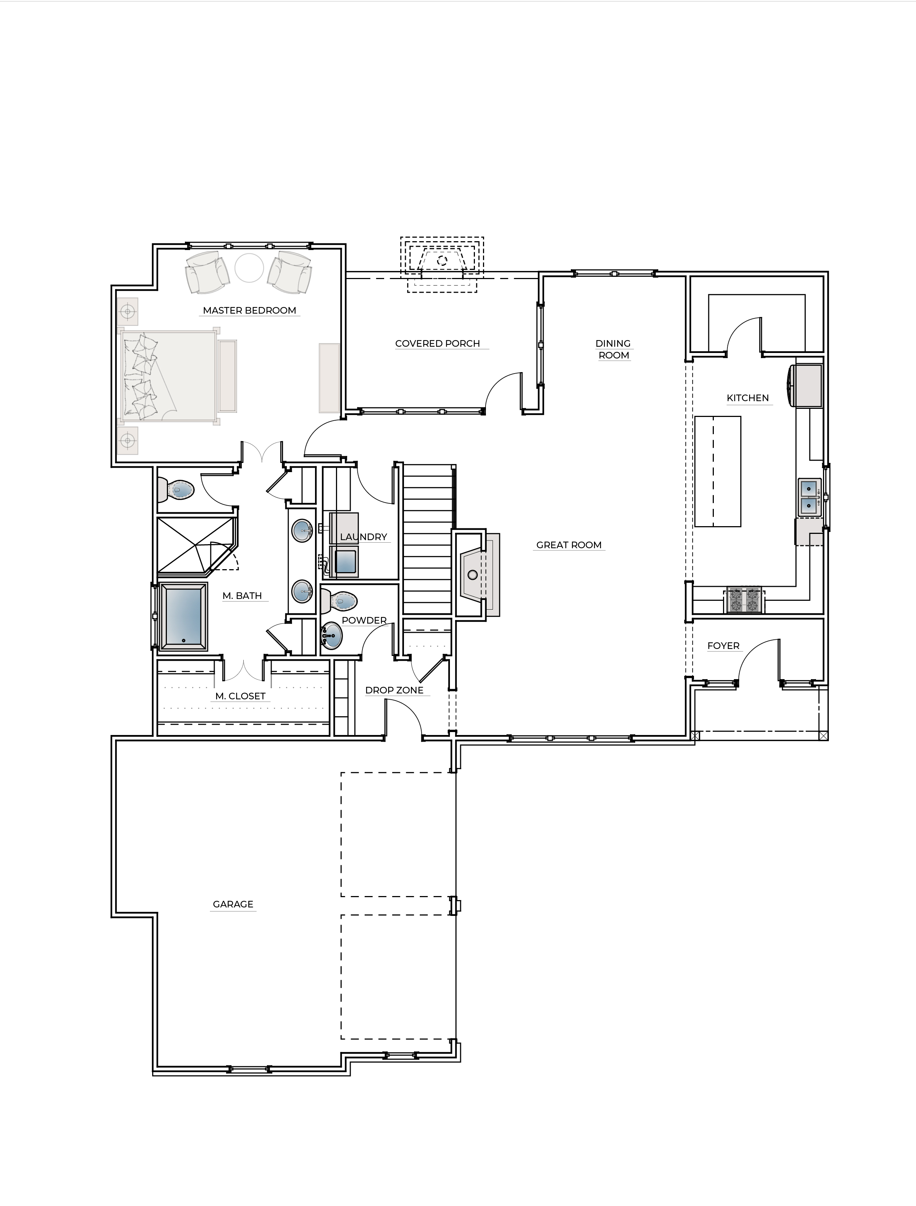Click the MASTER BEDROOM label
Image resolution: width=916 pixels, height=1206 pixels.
coord(249,310)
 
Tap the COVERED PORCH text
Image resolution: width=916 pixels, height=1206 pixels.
coord(437,344)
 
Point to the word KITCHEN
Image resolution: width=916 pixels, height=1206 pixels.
coord(748,398)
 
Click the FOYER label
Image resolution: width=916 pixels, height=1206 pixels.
coord(723,646)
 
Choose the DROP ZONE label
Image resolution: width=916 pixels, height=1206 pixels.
coord(394,690)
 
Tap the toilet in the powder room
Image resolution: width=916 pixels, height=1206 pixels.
coord(340,602)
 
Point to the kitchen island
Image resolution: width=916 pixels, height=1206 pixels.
coord(717,471)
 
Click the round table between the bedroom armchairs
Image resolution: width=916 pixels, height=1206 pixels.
coord(249,267)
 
